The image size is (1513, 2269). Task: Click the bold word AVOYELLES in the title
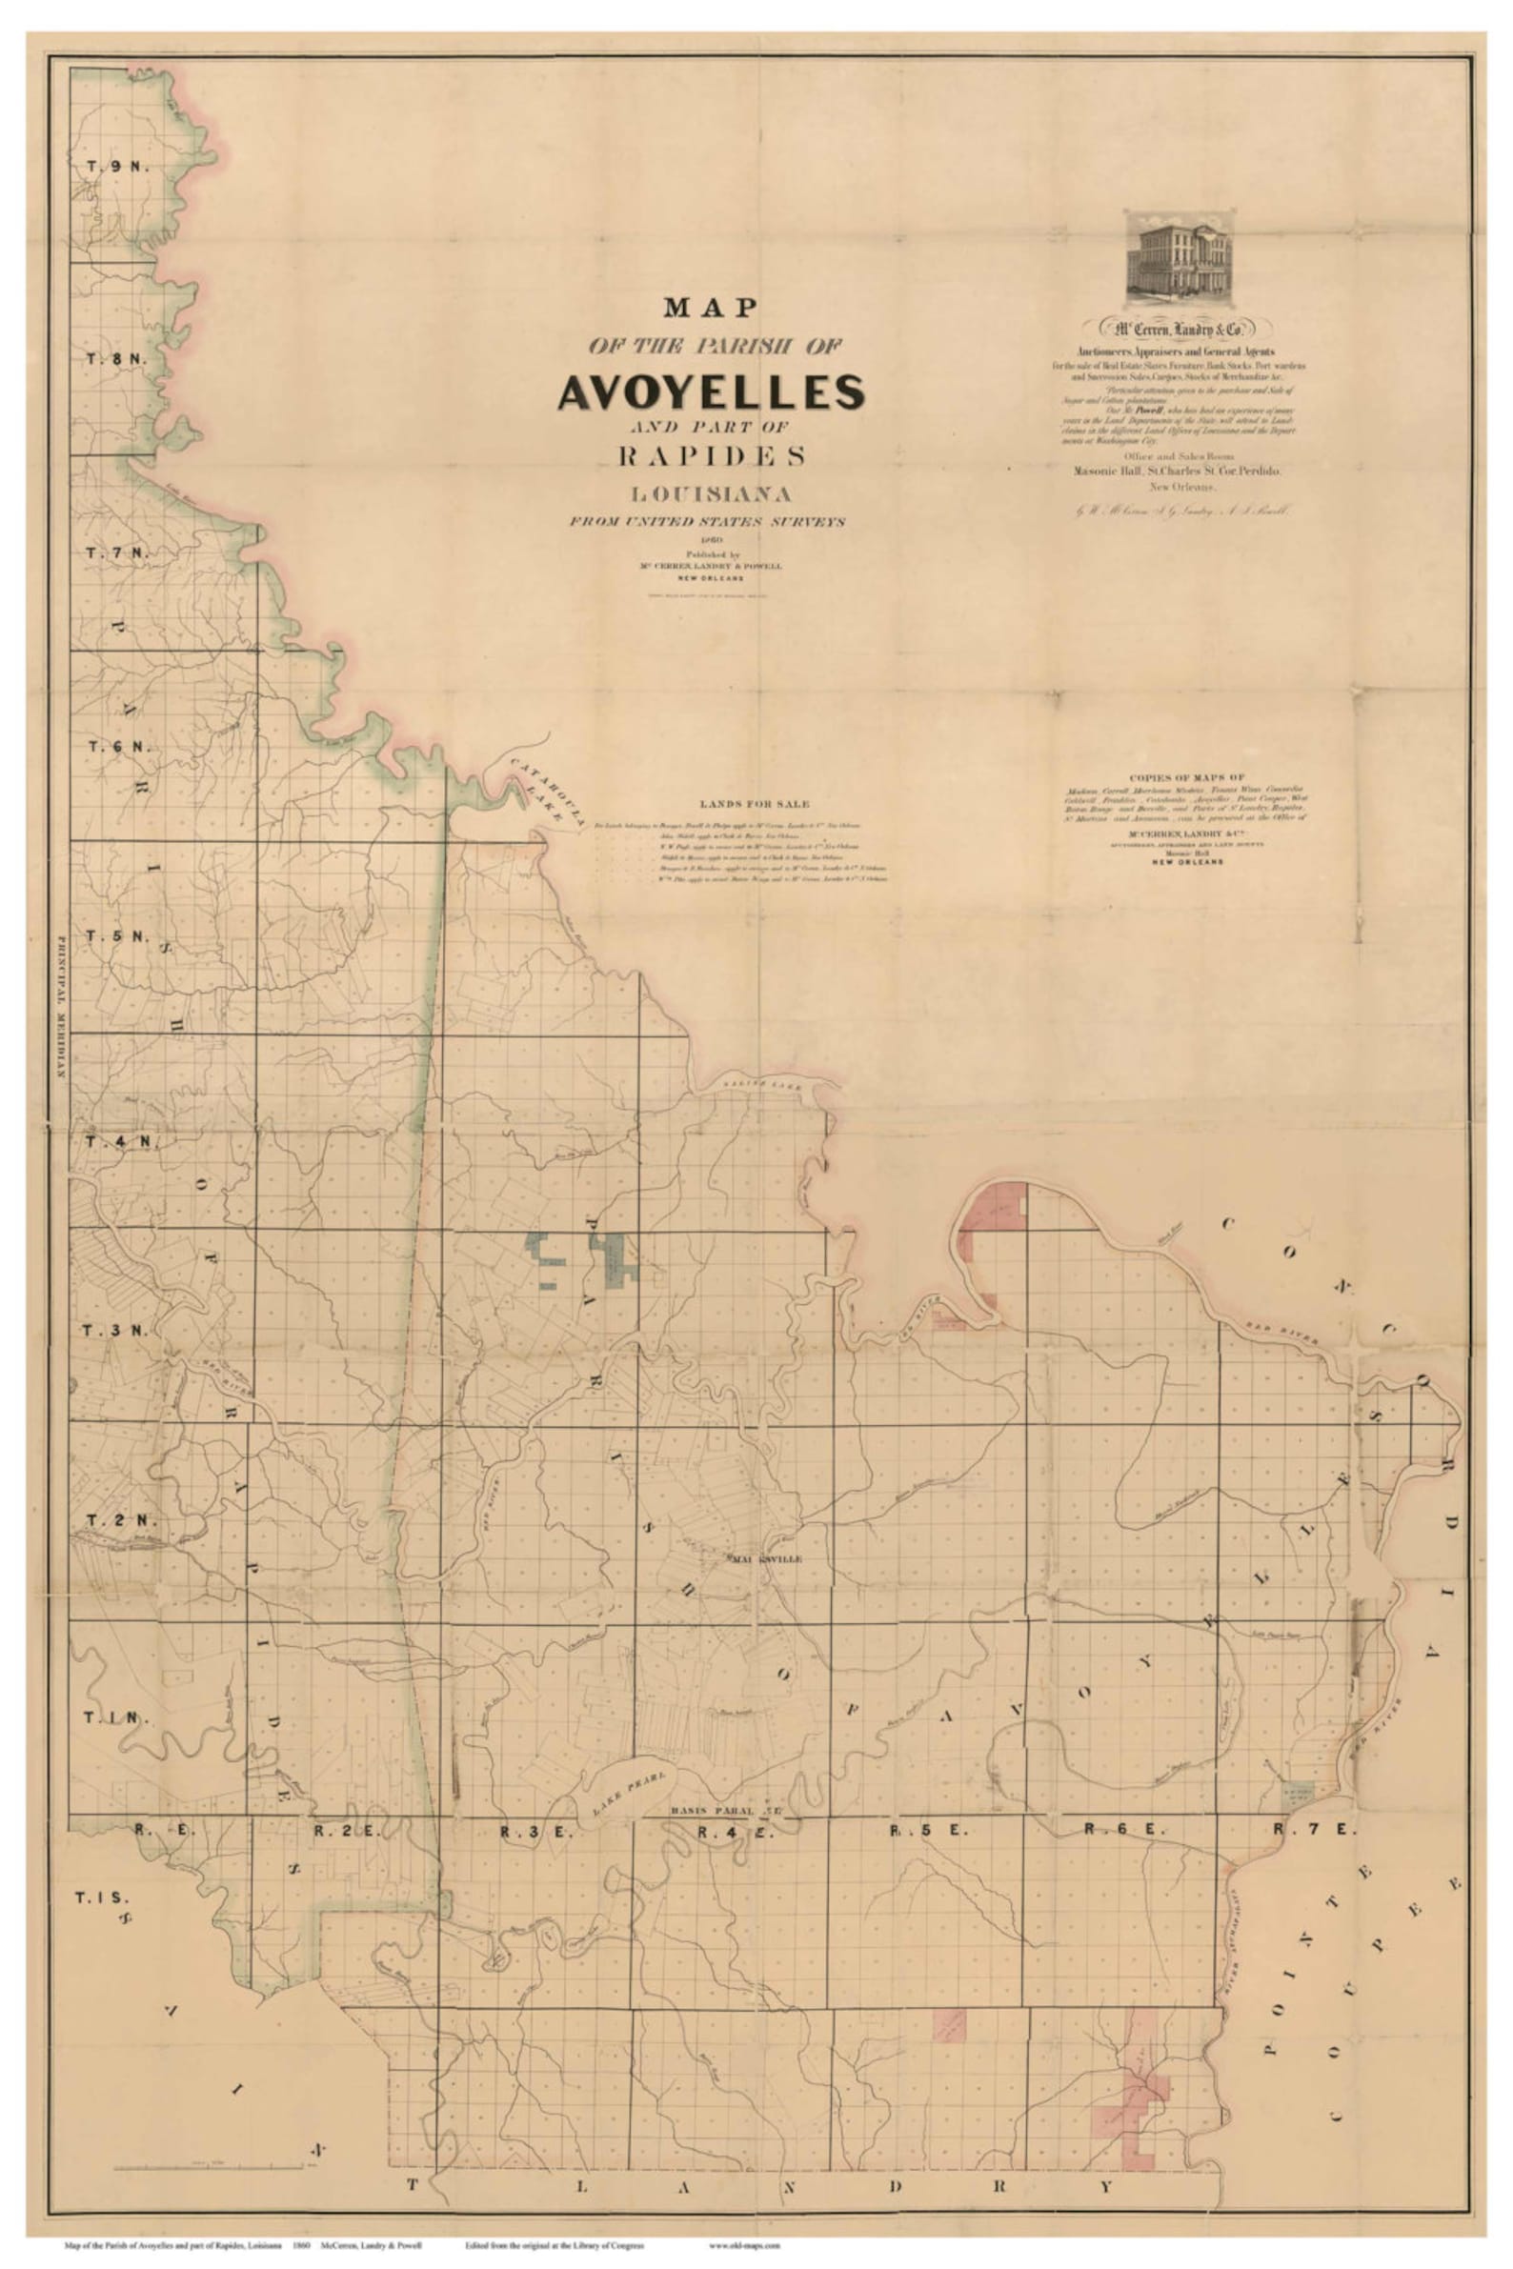[710, 391]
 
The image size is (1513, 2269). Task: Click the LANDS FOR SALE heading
[756, 804]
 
